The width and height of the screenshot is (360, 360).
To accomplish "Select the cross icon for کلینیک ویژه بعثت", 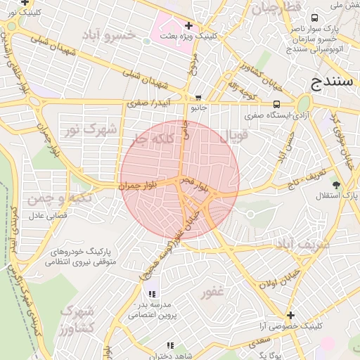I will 188,25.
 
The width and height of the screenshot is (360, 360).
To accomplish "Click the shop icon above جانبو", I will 199,98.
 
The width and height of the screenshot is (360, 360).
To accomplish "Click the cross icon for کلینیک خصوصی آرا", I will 290,316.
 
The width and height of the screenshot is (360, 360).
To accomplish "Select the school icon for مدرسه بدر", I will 152,294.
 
